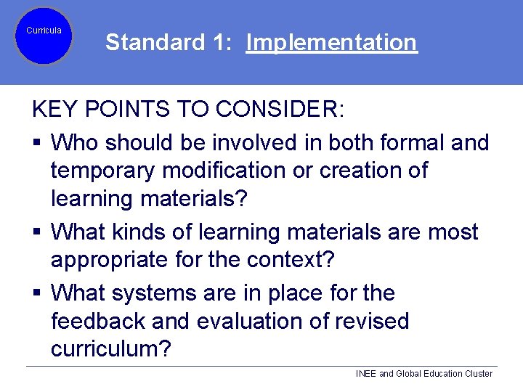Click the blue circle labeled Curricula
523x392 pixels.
pyautogui.click(x=44, y=36)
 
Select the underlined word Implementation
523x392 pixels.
pyautogui.click(x=331, y=43)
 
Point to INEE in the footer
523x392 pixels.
pyautogui.click(x=366, y=374)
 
